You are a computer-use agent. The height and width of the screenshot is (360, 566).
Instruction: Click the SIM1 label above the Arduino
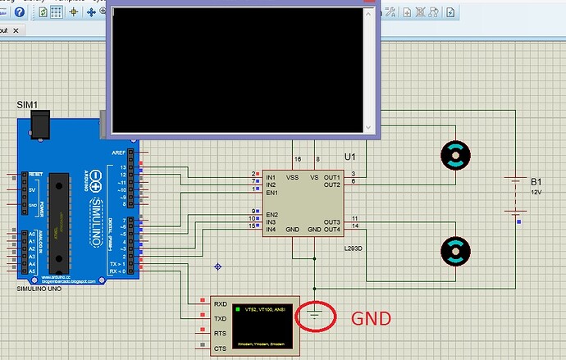(26, 106)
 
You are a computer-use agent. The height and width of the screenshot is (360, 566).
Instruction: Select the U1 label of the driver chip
(350, 156)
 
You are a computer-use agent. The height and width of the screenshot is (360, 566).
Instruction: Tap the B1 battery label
(536, 181)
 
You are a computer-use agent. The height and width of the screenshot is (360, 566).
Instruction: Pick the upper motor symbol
(454, 154)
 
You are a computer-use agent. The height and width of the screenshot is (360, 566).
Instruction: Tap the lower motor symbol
(454, 251)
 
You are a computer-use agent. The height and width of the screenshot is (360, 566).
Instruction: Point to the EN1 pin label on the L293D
(272, 193)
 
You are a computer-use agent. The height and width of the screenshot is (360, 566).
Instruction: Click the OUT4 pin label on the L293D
(332, 229)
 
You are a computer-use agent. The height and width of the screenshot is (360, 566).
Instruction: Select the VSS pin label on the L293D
(292, 177)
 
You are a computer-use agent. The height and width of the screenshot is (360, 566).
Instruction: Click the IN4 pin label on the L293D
(271, 229)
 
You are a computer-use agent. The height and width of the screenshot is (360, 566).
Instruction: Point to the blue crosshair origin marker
(218, 267)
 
